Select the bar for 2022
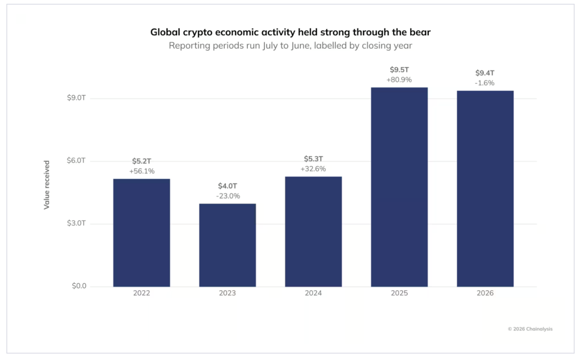[x=141, y=233]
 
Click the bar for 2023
[x=228, y=245]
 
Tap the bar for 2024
[x=313, y=232]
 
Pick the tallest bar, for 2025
[x=399, y=187]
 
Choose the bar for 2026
[x=485, y=189]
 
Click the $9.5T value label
[x=399, y=70]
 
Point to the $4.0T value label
[x=228, y=186]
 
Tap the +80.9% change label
[x=399, y=79]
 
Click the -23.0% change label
[x=228, y=196]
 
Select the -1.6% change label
[x=485, y=83]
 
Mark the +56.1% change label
[x=142, y=171]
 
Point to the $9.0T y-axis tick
[x=77, y=98]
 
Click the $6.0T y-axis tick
[x=77, y=161]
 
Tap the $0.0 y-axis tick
[x=79, y=286]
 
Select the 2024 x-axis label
[x=313, y=293]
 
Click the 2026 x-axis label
[x=485, y=293]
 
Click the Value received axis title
[x=47, y=185]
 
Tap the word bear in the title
[x=420, y=32]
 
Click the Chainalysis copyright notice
[x=530, y=329]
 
